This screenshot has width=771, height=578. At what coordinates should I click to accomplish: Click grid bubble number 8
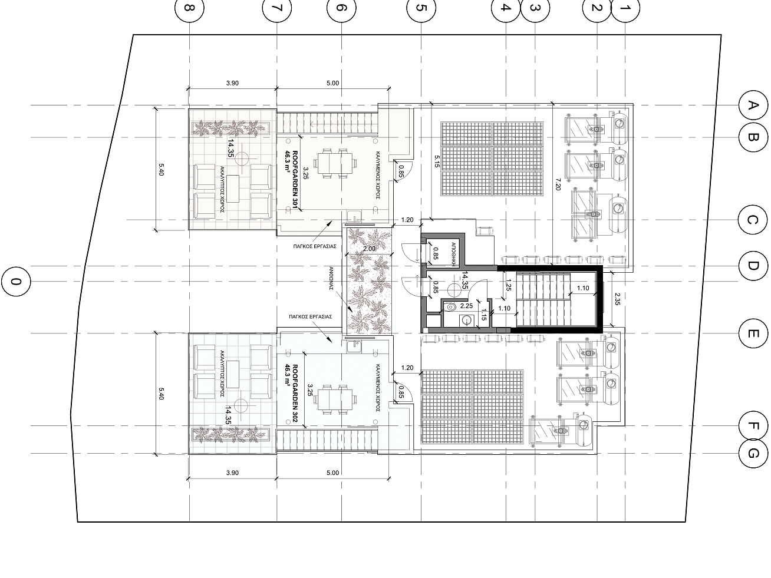(189, 8)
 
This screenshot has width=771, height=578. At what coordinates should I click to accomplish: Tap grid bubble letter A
(753, 105)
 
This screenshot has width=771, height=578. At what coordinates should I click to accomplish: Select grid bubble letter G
(753, 454)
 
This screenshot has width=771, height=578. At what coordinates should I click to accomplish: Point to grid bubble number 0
(16, 282)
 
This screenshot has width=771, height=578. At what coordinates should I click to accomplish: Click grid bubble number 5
(421, 8)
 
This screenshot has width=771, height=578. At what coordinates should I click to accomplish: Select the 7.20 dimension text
(558, 184)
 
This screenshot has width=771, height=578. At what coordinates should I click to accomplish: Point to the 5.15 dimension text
(437, 161)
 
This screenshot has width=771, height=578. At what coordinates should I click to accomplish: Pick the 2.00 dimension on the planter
(369, 249)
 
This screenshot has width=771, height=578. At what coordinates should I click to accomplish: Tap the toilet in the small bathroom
(450, 308)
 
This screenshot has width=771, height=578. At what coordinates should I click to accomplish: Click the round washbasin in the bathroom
(466, 321)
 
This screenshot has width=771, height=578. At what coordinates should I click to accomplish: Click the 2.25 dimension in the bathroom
(466, 306)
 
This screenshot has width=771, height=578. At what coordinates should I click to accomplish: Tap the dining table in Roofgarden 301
(336, 163)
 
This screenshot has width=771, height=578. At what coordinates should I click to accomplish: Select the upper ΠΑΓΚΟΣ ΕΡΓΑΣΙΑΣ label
(315, 246)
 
